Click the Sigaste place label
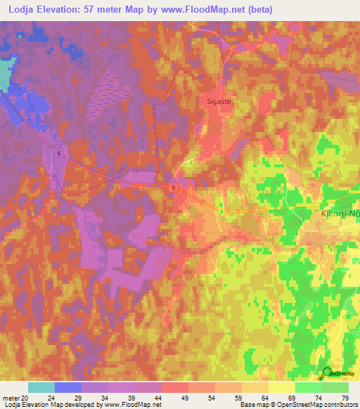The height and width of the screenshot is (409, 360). pyautogui.click(x=221, y=100)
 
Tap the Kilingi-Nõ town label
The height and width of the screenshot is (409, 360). pyautogui.click(x=334, y=212)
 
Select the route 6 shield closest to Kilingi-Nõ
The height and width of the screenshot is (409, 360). pyautogui.click(x=172, y=188)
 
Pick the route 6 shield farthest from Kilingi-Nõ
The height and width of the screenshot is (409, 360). pyautogui.click(x=60, y=153)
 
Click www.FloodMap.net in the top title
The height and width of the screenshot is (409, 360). pyautogui.click(x=210, y=10)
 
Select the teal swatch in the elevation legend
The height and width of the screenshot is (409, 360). pyautogui.click(x=41, y=387)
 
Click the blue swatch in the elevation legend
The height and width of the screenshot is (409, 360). pyautogui.click(x=67, y=387)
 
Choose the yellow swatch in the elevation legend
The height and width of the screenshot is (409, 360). pyautogui.click(x=281, y=387)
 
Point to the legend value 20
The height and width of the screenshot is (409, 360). pyautogui.click(x=25, y=397)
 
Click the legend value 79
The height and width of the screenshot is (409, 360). pyautogui.click(x=344, y=397)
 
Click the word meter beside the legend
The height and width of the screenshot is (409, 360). pyautogui.click(x=10, y=397)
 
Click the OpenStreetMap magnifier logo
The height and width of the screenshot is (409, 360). pyautogui.click(x=326, y=374)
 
